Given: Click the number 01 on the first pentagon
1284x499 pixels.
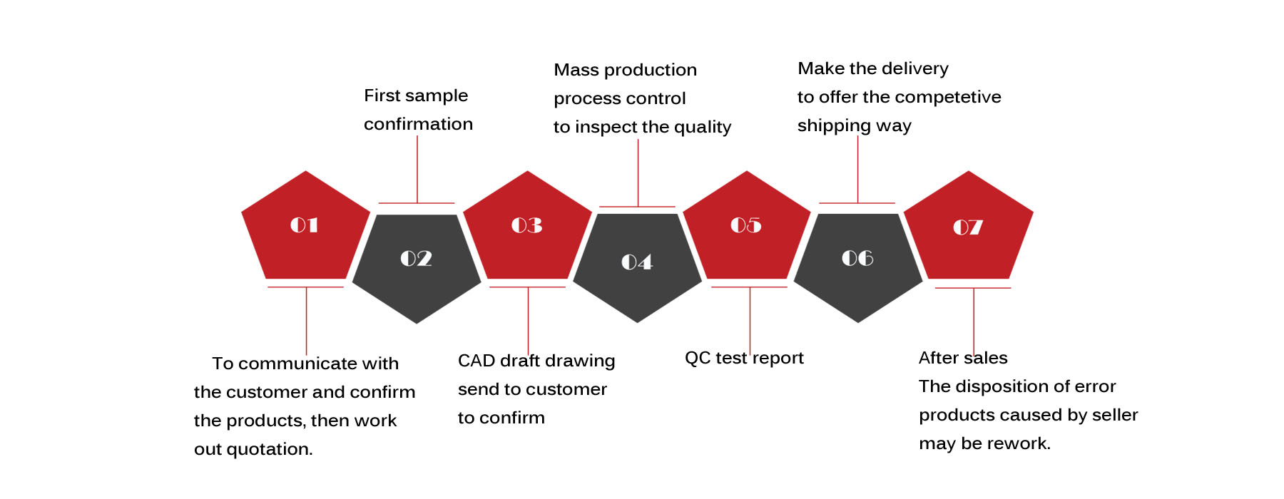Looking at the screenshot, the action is point(304,225).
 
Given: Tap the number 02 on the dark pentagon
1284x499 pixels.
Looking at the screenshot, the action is point(416,258).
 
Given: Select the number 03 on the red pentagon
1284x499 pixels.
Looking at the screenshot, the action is point(526,225).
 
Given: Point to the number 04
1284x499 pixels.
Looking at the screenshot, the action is point(637,262).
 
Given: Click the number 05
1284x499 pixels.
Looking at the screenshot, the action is point(746,225).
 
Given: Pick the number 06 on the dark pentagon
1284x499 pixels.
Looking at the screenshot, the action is point(857,258).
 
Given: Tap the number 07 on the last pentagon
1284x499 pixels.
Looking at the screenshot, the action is point(968,227).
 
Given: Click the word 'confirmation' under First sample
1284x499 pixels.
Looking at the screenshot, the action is point(418,124).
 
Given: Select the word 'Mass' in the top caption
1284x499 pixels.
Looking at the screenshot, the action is point(576,70).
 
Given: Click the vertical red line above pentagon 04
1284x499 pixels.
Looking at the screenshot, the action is point(638,173).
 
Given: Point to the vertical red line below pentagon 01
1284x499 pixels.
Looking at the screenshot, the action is point(306,321).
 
